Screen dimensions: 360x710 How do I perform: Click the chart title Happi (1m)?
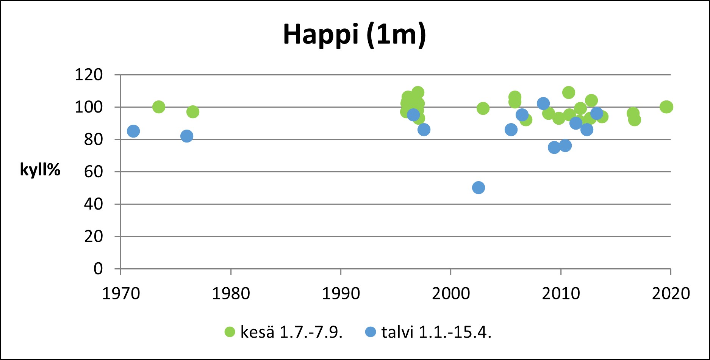(354, 35)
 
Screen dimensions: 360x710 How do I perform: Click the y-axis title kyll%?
(40, 170)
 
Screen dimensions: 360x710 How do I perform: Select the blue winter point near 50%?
(479, 188)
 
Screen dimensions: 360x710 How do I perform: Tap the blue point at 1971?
(133, 131)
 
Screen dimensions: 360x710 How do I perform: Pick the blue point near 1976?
(187, 136)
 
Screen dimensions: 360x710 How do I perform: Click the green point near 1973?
(159, 107)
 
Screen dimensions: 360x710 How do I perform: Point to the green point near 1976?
(193, 112)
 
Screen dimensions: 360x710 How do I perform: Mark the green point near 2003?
(483, 109)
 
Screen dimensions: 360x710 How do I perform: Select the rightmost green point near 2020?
(666, 107)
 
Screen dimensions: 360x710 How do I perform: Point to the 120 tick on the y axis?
(89, 75)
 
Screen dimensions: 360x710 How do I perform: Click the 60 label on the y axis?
(93, 172)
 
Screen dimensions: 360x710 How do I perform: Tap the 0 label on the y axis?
(98, 269)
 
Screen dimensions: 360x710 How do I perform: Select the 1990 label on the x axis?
(341, 294)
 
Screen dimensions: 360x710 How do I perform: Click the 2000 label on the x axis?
(451, 294)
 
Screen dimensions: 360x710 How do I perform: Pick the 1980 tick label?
(231, 294)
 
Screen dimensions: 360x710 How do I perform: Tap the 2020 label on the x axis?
(671, 294)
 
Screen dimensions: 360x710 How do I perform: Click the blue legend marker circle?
(371, 332)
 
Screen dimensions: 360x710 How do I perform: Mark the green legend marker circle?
(230, 332)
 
